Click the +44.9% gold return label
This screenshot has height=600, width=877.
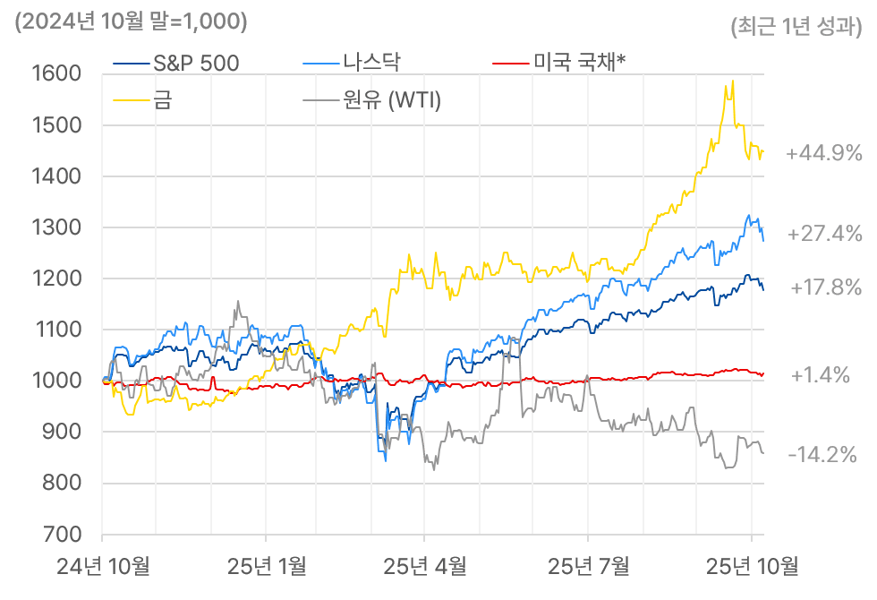(823, 153)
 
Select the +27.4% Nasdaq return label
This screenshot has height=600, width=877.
(823, 234)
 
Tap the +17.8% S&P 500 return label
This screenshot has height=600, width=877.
(826, 287)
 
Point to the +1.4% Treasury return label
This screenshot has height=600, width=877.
(820, 375)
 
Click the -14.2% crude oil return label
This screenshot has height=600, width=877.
(822, 455)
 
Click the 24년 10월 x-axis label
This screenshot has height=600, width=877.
(102, 566)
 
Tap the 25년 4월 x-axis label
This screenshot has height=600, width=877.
(425, 566)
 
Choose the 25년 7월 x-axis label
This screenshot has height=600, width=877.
(588, 566)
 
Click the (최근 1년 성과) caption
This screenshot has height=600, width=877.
(796, 27)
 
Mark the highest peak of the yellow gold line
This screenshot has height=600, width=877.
(734, 81)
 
